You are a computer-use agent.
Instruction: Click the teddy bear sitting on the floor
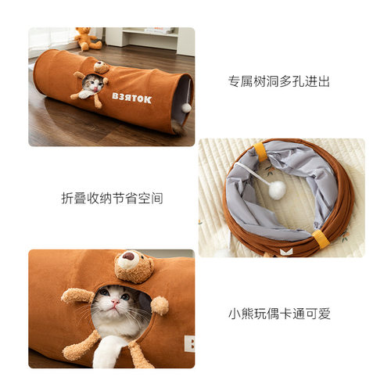point(84,38)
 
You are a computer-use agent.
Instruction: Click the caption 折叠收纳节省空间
point(112,198)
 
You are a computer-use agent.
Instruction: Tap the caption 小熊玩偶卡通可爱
point(279,314)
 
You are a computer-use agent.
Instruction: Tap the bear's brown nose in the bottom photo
point(128,256)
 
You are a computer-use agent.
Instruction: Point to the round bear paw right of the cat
point(160,305)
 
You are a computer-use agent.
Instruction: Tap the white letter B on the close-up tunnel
point(188,342)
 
